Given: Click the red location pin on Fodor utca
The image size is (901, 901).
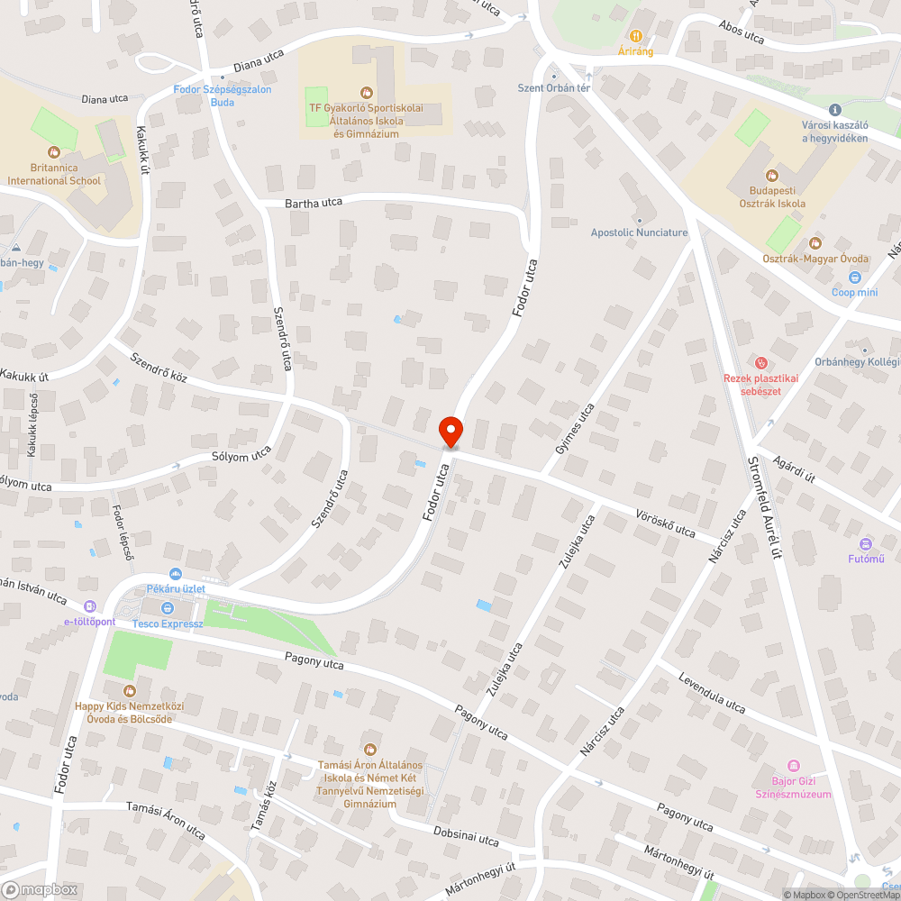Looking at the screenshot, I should [450, 431].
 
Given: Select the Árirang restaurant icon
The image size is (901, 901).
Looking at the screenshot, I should [635, 36].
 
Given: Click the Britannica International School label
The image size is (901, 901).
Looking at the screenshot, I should [54, 174].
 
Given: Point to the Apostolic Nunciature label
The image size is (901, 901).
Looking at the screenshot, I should [639, 232].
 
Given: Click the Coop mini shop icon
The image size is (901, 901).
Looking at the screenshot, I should [854, 278].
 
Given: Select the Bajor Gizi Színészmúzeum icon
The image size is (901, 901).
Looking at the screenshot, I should [793, 765].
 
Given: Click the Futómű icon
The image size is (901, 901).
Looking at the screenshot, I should [867, 544].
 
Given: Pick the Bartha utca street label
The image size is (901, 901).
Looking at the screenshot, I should [314, 203].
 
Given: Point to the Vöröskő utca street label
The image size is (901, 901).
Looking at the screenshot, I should [666, 524].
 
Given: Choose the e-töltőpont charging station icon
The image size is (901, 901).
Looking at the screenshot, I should [89, 606].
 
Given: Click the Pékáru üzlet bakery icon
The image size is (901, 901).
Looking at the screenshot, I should [175, 574].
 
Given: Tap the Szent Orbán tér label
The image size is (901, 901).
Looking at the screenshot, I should [553, 87].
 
